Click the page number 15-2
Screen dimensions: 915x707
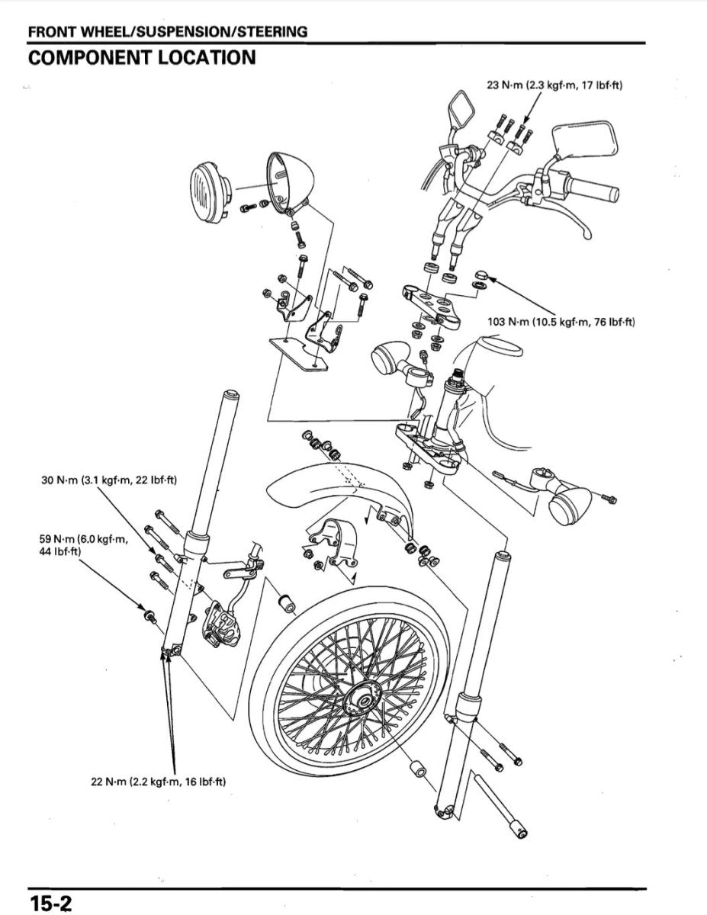point(50,902)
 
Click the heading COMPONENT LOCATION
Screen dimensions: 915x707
point(141,57)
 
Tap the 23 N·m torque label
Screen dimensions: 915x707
point(554,85)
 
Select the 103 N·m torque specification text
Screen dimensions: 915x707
point(561,322)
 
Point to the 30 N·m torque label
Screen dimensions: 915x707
point(108,480)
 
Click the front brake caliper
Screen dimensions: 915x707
point(220,625)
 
